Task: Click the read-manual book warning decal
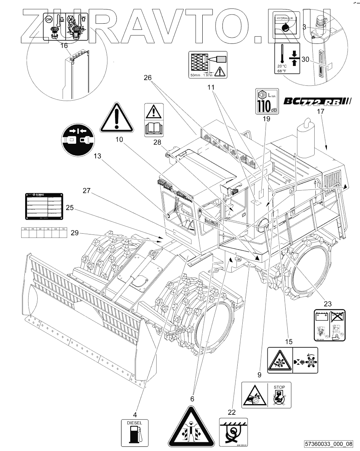tap(154, 120)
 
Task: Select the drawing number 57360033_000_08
tap(328, 444)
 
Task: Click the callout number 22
tap(232, 412)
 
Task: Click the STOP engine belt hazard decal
tap(266, 395)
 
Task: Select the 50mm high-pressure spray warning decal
tap(208, 64)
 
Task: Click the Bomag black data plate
tap(44, 206)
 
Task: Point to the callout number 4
tap(135, 414)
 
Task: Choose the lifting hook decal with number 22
tap(233, 432)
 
